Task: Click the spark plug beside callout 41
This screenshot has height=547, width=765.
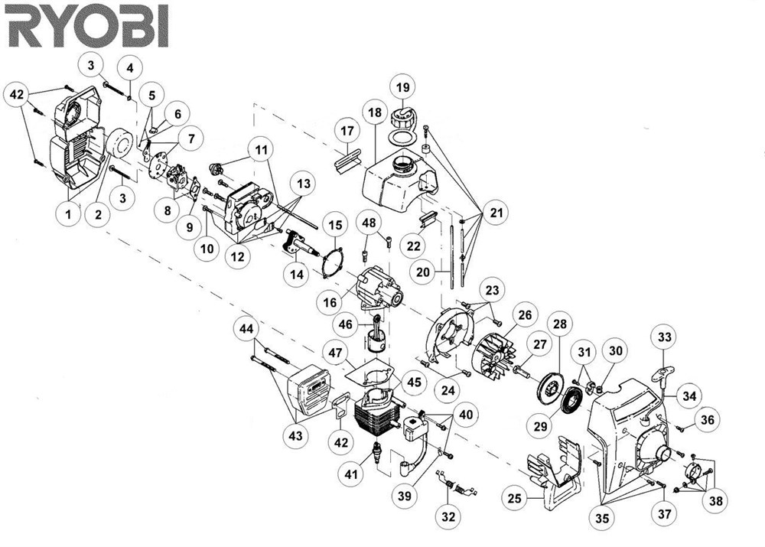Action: pos(376,452)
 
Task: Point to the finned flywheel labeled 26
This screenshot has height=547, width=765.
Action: pos(495,358)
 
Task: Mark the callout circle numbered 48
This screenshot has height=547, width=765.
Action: pos(371,223)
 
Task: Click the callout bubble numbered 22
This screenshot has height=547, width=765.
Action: pos(414,246)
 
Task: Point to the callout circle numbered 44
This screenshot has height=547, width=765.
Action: pos(246,329)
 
